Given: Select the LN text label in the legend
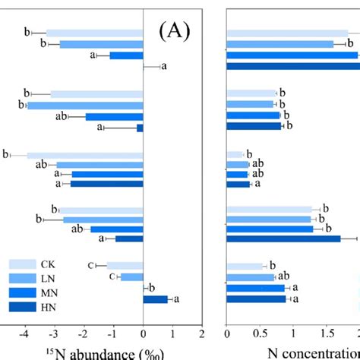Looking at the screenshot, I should (x=52, y=278).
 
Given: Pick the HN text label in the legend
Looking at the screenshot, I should (x=52, y=306).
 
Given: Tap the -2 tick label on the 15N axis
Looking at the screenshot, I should (x=84, y=332).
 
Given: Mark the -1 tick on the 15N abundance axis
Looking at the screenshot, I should (x=113, y=332).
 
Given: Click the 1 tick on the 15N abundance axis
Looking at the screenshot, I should (x=172, y=332).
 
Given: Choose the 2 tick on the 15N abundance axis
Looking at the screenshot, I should (x=202, y=332).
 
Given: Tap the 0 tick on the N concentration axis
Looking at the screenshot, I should (x=227, y=332).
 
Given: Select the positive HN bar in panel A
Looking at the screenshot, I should (x=155, y=299).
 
